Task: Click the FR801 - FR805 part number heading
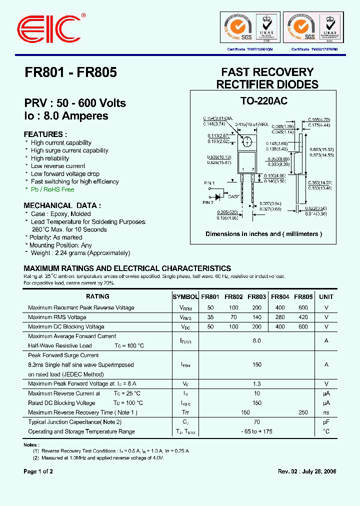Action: (x=70, y=72)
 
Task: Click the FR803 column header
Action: (x=256, y=296)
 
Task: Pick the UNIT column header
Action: (x=326, y=296)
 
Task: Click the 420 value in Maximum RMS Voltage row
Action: (x=303, y=317)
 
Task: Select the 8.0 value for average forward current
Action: (x=256, y=340)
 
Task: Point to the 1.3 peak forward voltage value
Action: (x=256, y=384)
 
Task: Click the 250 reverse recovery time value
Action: (x=303, y=412)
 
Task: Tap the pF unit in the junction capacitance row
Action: (x=326, y=422)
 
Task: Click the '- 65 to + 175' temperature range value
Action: (x=256, y=431)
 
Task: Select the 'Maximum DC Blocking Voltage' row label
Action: (x=66, y=326)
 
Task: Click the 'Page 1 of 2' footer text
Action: (x=38, y=471)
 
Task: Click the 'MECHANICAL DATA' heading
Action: (x=62, y=205)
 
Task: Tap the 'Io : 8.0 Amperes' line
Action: (x=66, y=116)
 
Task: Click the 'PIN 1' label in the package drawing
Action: (x=208, y=183)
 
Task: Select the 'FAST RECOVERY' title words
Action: (x=267, y=72)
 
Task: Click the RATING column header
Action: (x=97, y=296)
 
